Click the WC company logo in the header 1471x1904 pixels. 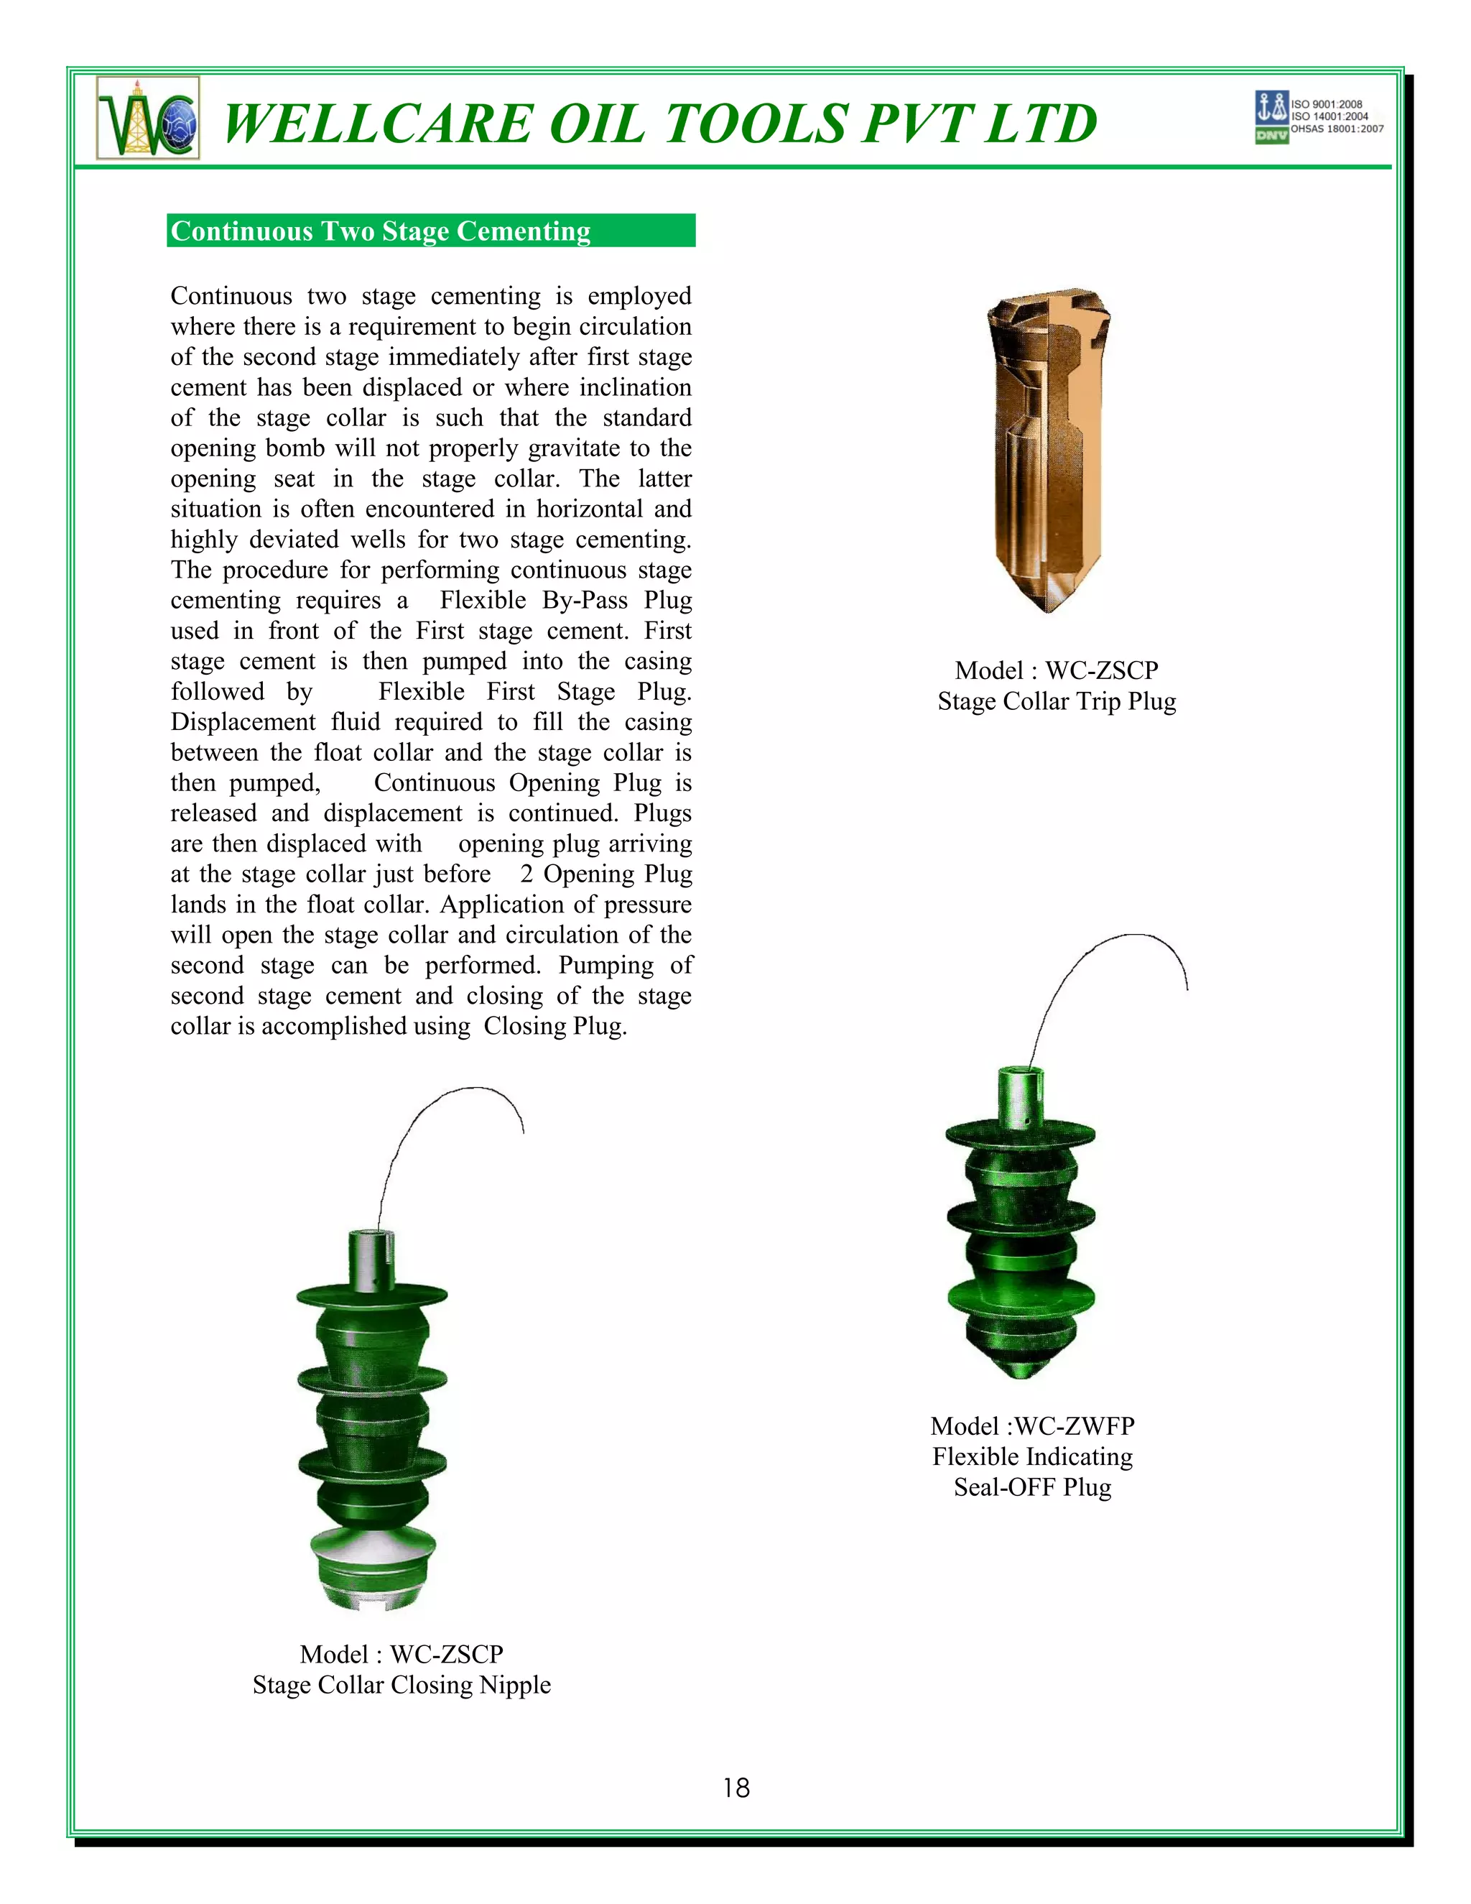tap(148, 118)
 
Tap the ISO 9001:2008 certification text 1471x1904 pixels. tap(1327, 103)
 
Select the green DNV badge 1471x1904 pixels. tap(1271, 136)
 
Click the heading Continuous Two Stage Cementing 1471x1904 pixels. tap(381, 231)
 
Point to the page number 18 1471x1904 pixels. tap(735, 1788)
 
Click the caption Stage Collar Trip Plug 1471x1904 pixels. tap(1056, 701)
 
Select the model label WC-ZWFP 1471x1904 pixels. tap(1074, 1426)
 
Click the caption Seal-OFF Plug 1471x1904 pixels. tap(1033, 1487)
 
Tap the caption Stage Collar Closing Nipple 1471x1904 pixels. tap(402, 1685)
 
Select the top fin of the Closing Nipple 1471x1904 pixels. tap(372, 1295)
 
